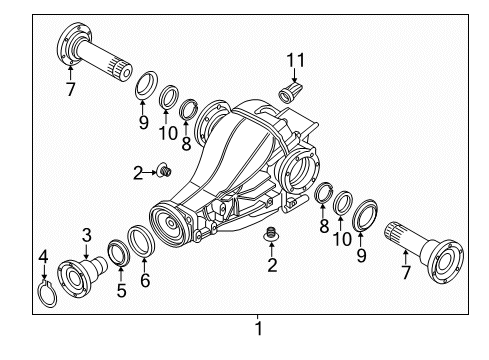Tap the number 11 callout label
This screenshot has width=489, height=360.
click(x=295, y=59)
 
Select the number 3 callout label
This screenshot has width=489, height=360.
click(x=87, y=234)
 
